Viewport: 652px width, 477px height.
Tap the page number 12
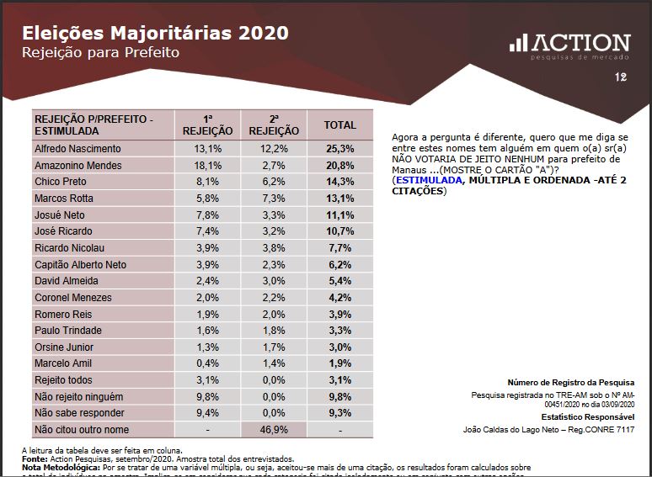click(x=621, y=78)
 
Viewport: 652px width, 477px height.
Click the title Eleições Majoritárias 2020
click(x=154, y=33)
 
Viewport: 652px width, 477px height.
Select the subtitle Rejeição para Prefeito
click(x=100, y=53)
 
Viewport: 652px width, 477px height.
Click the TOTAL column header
click(x=340, y=125)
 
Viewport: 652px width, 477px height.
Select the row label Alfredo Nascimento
click(x=77, y=149)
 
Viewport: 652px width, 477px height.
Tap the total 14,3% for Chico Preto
click(x=340, y=181)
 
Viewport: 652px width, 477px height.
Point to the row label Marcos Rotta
click(x=64, y=198)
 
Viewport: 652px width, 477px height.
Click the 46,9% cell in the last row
click(x=274, y=429)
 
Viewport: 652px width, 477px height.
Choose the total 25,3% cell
click(x=340, y=149)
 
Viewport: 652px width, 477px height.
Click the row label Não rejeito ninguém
click(x=79, y=396)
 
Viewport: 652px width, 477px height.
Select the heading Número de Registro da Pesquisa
click(x=570, y=382)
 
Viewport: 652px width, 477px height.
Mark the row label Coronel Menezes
click(x=72, y=297)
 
